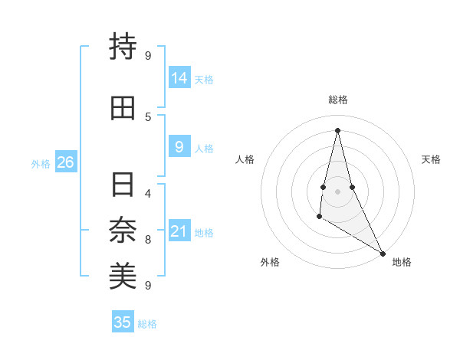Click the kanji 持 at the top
coord(123,46)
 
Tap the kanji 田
coord(123,109)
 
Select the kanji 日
coord(123,185)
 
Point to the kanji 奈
coord(123,231)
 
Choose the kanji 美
coord(123,277)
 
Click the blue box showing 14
coord(179,78)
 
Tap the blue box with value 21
coord(179,231)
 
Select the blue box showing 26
coord(65,162)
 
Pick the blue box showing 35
coord(123,322)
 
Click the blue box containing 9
coord(179,148)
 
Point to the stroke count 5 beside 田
coord(148,116)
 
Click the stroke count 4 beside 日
coord(148,193)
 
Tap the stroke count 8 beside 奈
coord(148,240)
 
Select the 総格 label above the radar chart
coord(338,100)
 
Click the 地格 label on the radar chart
coord(402,263)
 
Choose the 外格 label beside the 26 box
coord(41,163)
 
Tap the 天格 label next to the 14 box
coord(204,79)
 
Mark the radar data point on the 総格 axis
coord(337,129)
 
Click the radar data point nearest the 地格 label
coord(383,253)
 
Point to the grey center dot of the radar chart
coord(337,191)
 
